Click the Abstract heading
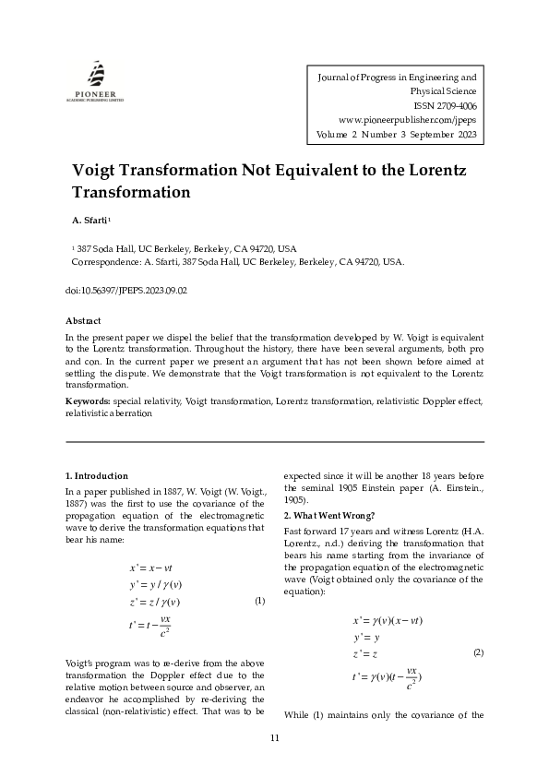coord(83,320)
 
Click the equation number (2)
coord(478,652)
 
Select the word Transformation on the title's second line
coord(131,193)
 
